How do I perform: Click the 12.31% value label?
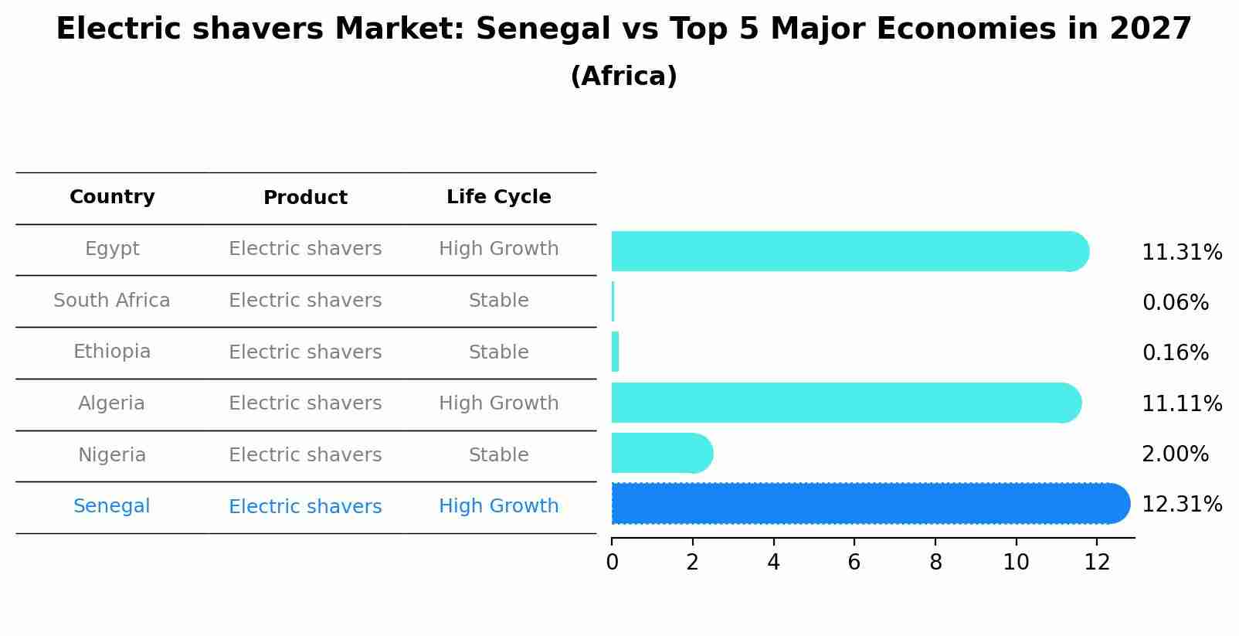(x=1181, y=505)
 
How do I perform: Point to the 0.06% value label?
(x=1175, y=303)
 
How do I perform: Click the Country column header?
(x=112, y=197)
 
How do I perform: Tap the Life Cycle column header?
(x=498, y=197)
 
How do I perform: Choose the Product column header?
(x=305, y=198)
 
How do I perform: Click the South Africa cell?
(x=112, y=301)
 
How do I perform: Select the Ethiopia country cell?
(x=112, y=352)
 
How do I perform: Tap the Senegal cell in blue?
(x=112, y=506)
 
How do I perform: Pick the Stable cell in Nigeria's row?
(x=498, y=455)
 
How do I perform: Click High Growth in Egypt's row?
(x=498, y=249)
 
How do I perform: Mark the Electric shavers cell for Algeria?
(x=305, y=403)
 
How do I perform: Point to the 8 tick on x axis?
(x=935, y=563)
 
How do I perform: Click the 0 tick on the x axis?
(x=612, y=563)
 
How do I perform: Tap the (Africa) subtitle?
(x=623, y=77)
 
